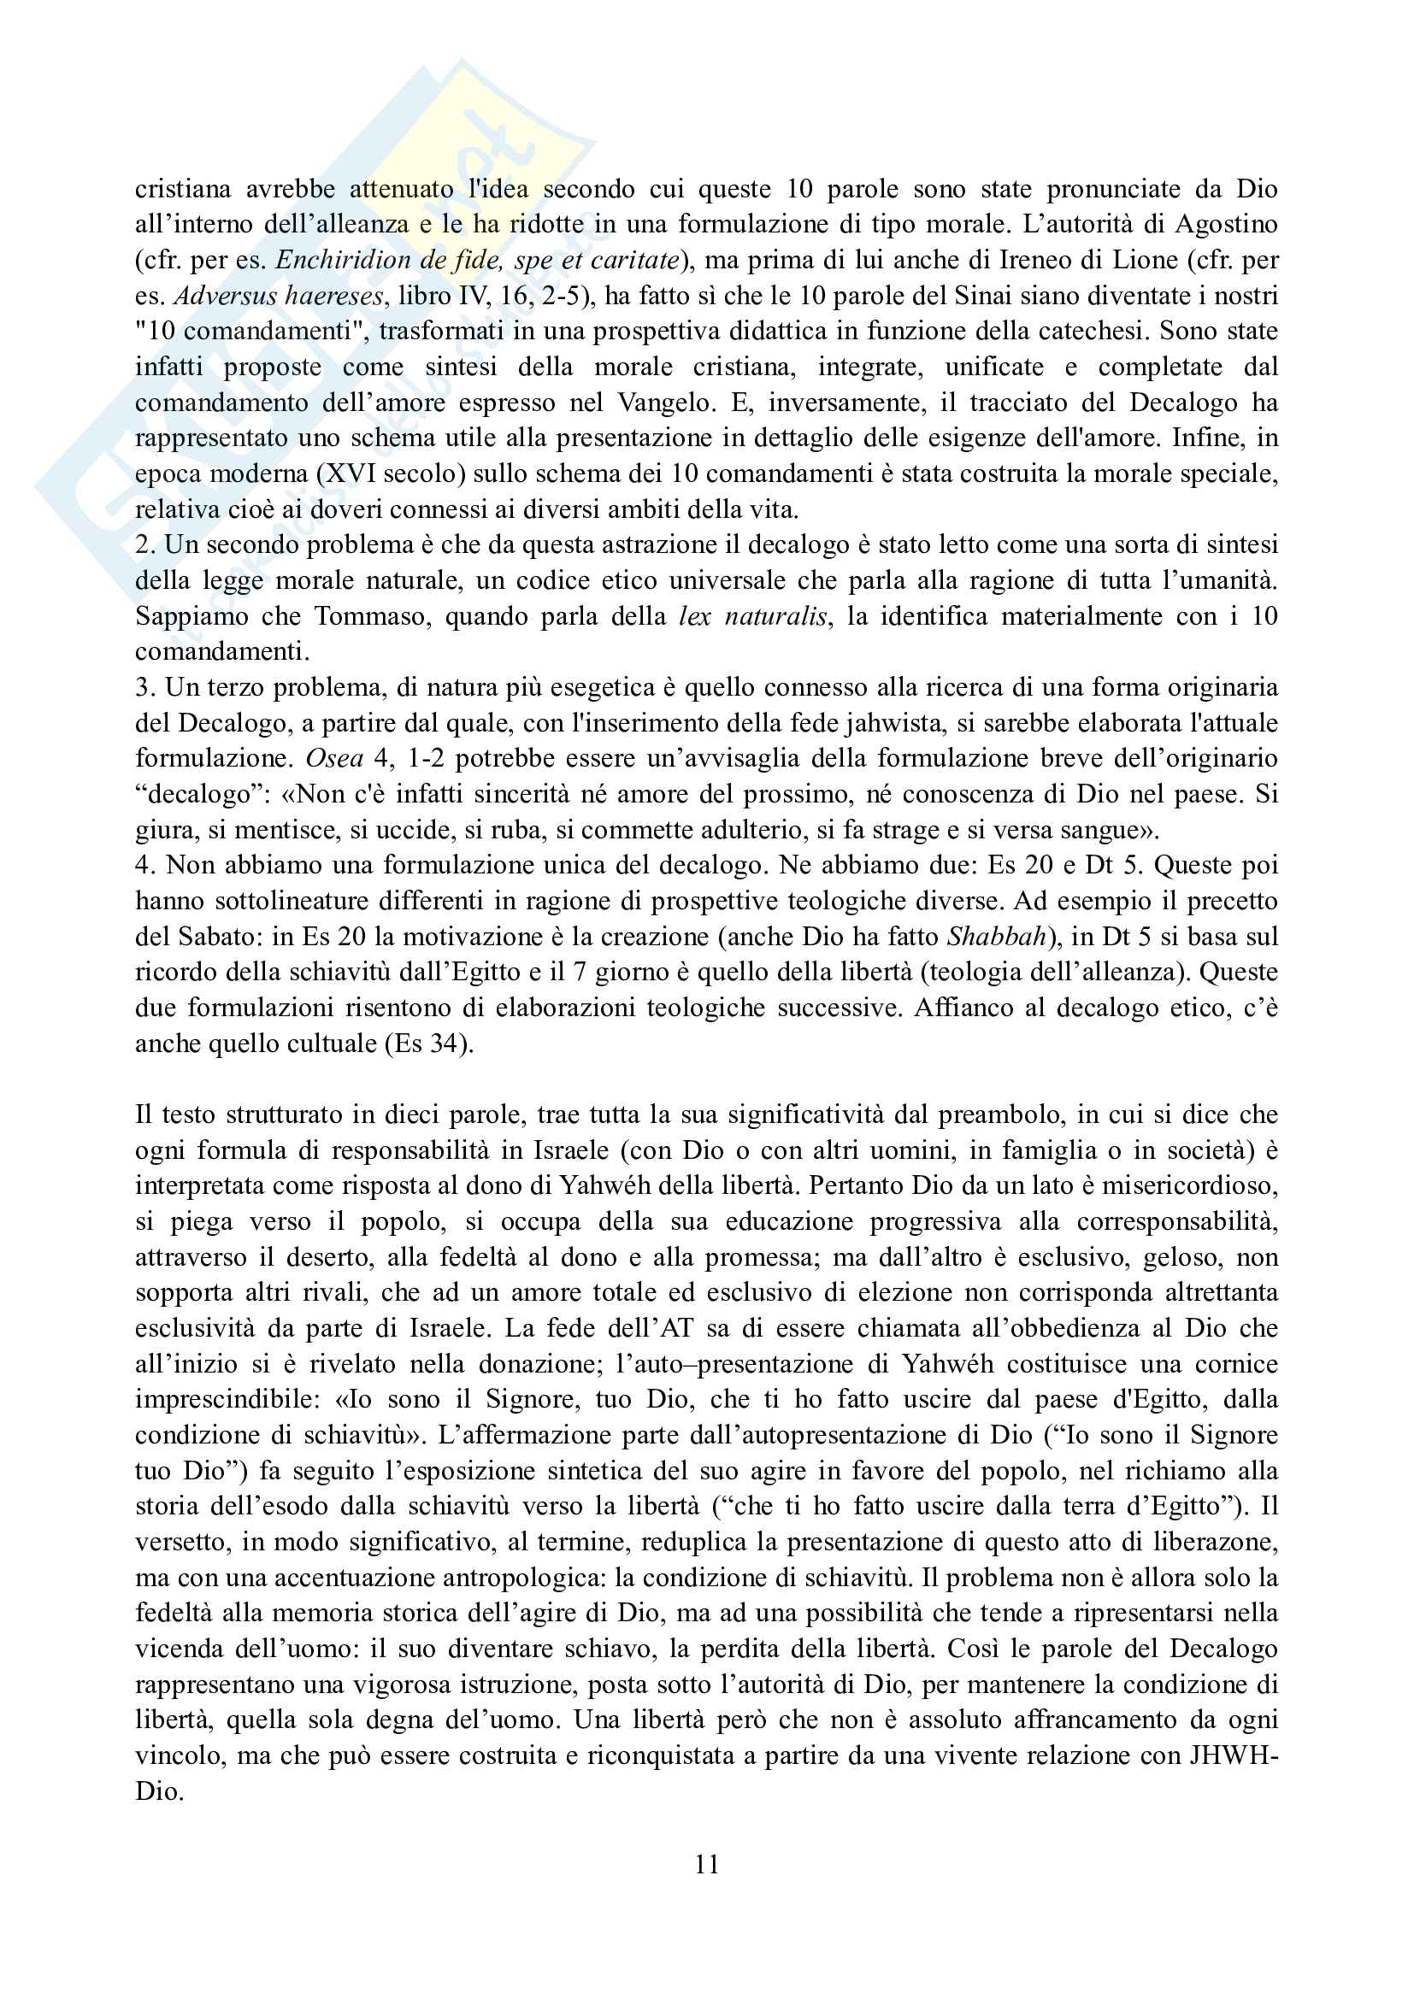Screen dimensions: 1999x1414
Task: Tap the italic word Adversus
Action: pos(221,295)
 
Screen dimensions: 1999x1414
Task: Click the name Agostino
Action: pos(1226,224)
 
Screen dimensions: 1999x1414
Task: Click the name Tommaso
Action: pos(371,615)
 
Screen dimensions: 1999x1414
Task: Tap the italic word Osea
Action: pos(334,758)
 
